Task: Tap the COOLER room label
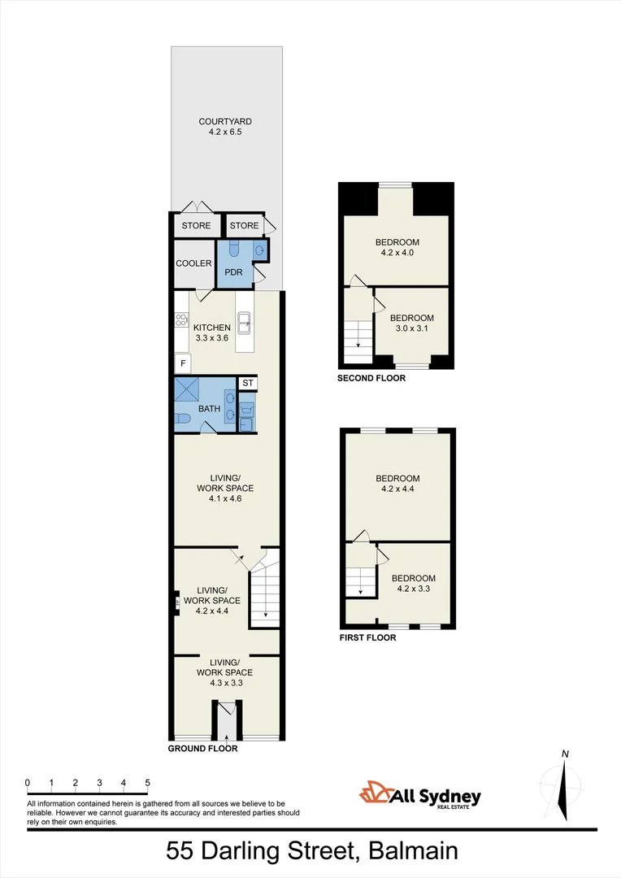tap(193, 263)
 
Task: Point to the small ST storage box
tap(248, 383)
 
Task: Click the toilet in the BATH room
tap(183, 419)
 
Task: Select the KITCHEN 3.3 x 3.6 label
tap(212, 333)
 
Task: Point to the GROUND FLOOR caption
tap(202, 749)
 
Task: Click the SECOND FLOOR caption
tap(371, 378)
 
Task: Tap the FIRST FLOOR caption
tap(367, 638)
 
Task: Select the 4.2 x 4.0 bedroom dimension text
tap(397, 253)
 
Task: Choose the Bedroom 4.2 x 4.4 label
tap(397, 484)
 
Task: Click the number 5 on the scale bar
tap(147, 783)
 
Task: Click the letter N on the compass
tap(564, 754)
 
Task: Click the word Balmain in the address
tap(413, 851)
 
